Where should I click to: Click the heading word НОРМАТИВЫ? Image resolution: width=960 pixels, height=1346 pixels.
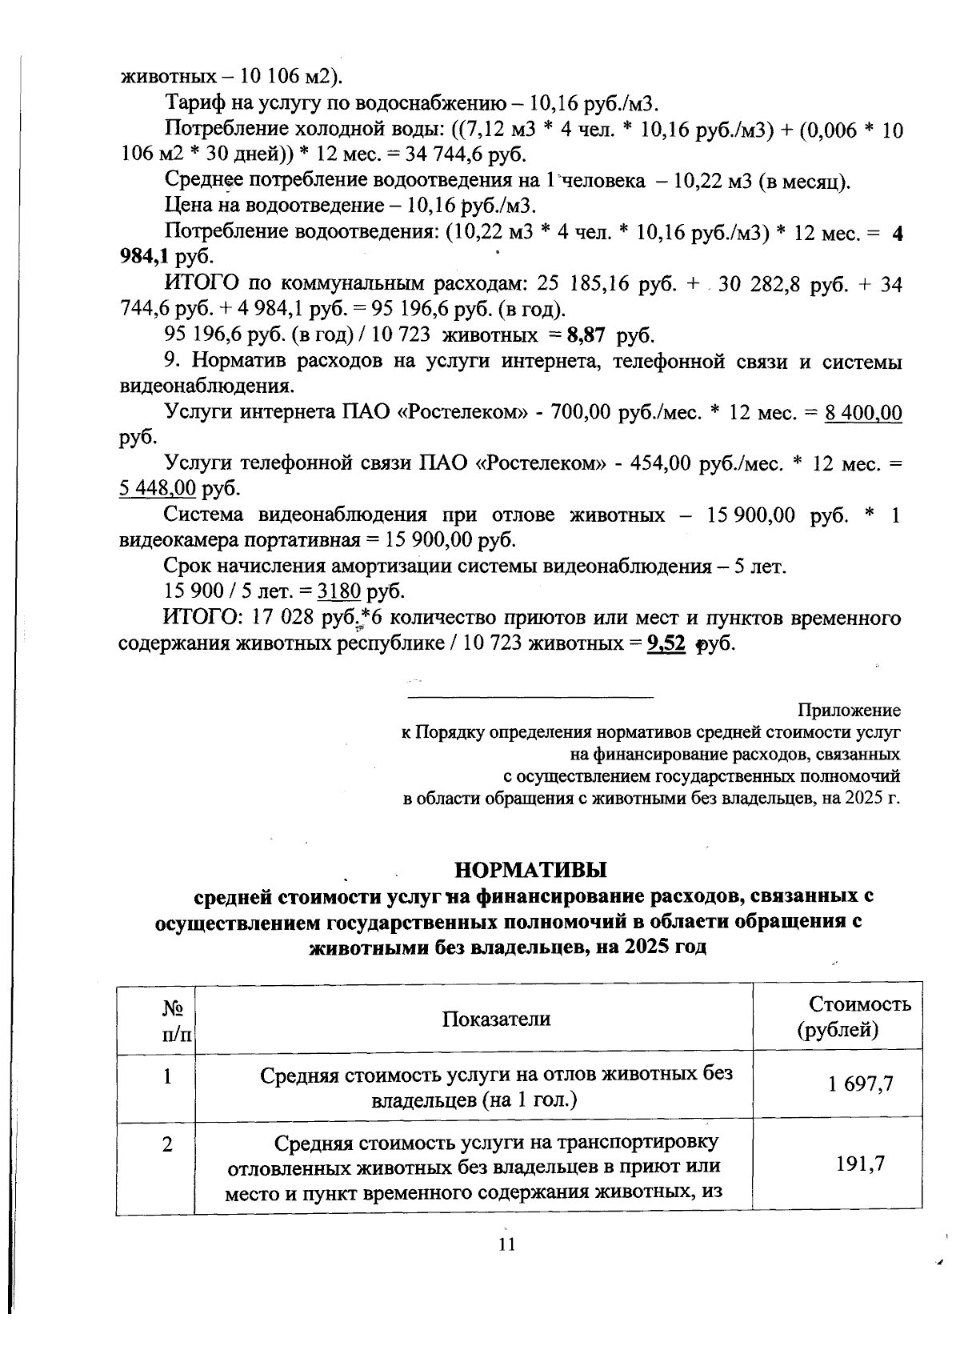(x=530, y=869)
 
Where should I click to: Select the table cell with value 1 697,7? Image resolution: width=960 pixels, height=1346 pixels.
(x=861, y=1084)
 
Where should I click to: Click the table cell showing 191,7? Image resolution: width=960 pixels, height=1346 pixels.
(x=861, y=1164)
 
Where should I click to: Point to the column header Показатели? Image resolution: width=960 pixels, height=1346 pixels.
(x=496, y=1018)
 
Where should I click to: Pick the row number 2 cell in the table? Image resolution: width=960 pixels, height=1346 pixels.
(x=167, y=1145)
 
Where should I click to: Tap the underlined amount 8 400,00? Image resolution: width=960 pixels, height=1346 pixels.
(x=863, y=414)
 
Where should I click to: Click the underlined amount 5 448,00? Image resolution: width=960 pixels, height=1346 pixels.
(x=158, y=488)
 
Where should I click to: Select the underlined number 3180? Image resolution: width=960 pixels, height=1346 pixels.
(x=340, y=591)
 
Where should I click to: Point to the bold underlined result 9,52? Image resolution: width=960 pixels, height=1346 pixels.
(x=666, y=643)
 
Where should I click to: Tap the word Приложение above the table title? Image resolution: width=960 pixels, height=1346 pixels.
(x=849, y=711)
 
